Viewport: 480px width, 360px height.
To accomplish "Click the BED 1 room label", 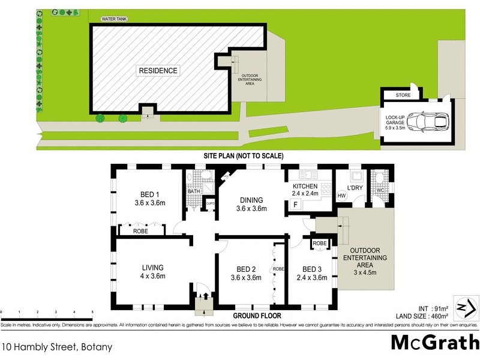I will tap(149, 194).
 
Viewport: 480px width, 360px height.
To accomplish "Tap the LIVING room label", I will tap(152, 268).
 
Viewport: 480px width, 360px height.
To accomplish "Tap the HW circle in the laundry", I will tap(342, 196).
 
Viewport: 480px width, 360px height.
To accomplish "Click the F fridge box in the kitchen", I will tap(295, 205).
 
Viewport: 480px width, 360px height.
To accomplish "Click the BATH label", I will tap(193, 192).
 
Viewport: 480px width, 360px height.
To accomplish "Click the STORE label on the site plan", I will tap(403, 96).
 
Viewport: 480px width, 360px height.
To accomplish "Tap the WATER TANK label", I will tap(114, 19).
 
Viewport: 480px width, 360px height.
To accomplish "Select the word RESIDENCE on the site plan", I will tap(158, 71).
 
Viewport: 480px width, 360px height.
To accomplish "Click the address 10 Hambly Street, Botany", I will tap(56, 347).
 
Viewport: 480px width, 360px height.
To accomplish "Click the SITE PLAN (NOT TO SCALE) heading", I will tap(244, 156).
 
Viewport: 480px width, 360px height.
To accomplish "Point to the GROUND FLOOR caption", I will tap(257, 315).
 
